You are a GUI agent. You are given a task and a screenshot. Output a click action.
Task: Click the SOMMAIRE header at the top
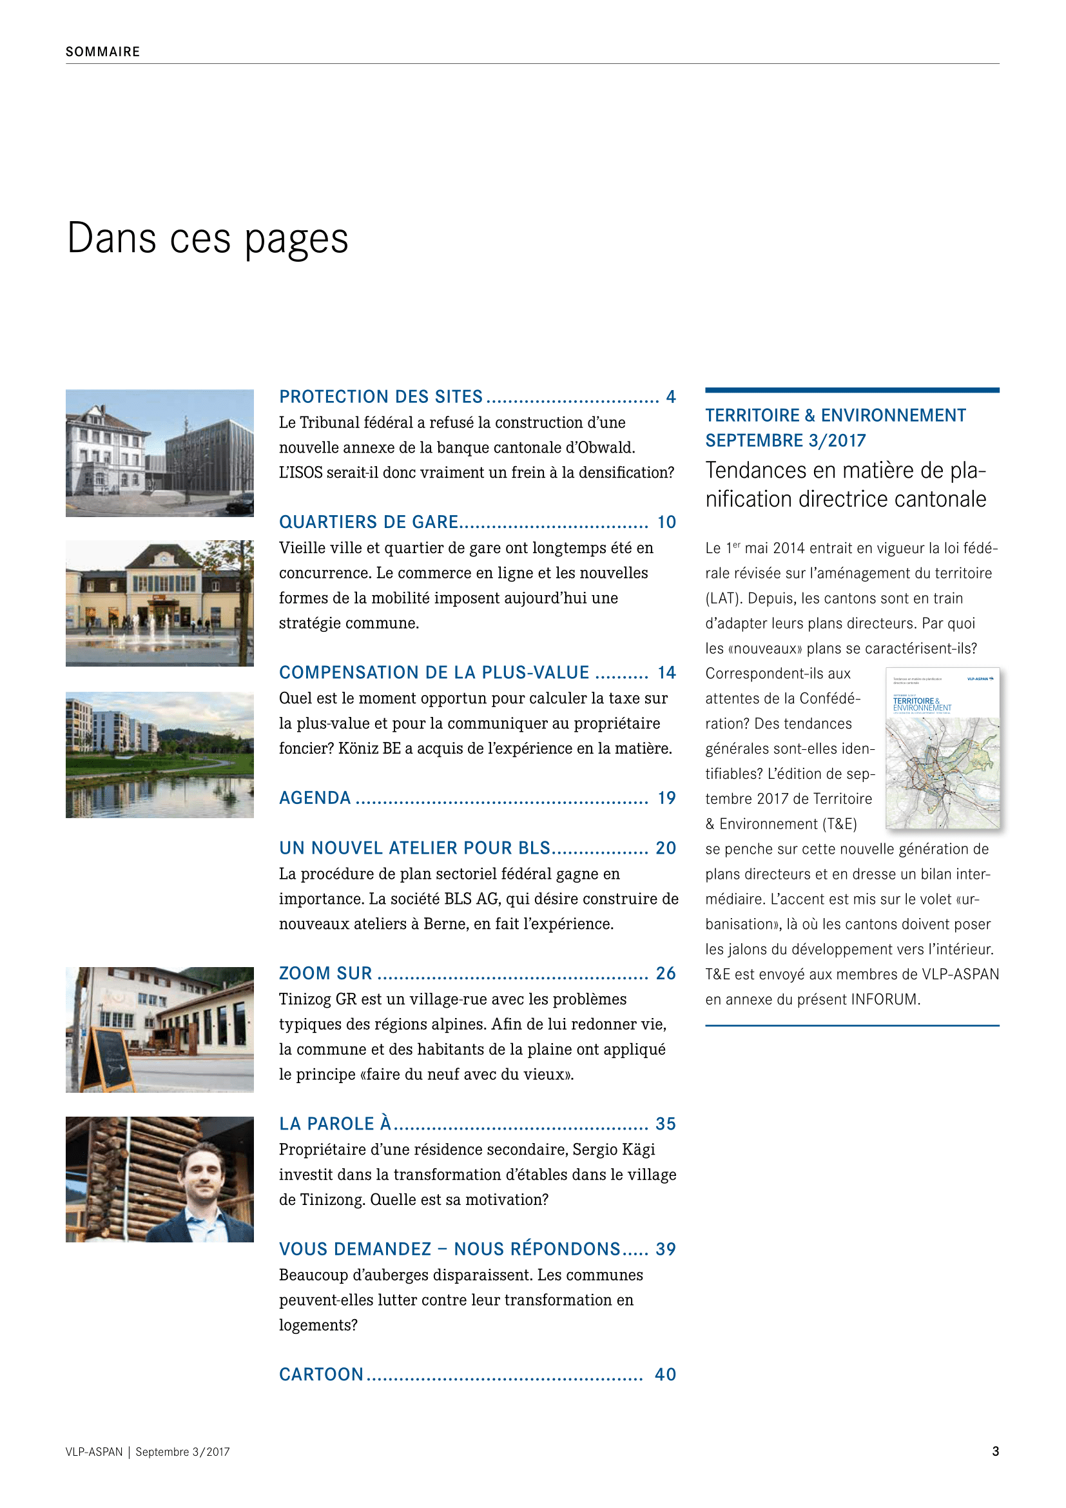[x=102, y=52]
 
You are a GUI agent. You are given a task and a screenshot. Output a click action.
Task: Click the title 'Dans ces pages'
[x=208, y=238]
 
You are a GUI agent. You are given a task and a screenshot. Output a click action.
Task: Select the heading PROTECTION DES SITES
[x=381, y=397]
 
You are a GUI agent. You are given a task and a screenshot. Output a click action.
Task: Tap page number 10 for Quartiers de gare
[x=666, y=522]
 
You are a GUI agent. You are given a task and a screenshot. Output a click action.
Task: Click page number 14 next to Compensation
[x=666, y=672]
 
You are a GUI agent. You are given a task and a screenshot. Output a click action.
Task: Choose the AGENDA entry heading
[x=315, y=798]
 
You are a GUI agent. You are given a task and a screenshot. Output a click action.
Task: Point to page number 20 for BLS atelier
[x=666, y=848]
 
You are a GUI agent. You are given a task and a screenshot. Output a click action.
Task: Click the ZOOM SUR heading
[x=325, y=974]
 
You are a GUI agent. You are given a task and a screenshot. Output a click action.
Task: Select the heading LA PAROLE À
[x=334, y=1124]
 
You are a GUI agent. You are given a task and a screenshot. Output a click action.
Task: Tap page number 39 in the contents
[x=666, y=1249]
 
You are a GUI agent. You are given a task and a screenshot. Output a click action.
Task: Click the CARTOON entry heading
[x=321, y=1375]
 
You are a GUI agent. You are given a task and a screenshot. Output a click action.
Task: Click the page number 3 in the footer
[x=995, y=1451]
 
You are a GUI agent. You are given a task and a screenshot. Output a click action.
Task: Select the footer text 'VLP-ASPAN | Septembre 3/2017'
[x=148, y=1452]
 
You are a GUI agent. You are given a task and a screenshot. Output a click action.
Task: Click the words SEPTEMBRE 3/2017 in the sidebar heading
[x=785, y=441]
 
